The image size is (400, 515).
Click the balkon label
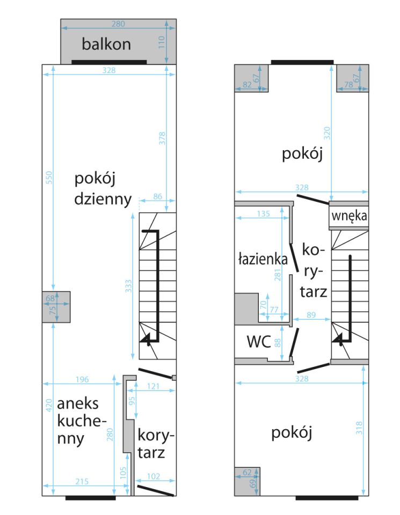pos(106,44)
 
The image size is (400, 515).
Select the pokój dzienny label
pos(103,188)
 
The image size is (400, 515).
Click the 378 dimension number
pos(163,138)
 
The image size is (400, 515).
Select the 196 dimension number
pos(82,380)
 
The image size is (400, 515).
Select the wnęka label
pos(349,217)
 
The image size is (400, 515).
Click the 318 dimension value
pos(359,428)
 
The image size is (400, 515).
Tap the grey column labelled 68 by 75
pos(56,307)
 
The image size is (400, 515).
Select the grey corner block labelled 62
pos(248,481)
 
